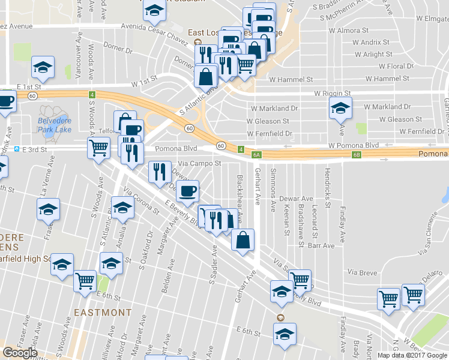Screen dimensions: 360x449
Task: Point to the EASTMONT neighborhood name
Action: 103,313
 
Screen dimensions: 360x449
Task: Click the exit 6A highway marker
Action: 256,155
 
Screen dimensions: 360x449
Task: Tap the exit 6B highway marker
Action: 355,155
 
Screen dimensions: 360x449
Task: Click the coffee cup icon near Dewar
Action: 188,191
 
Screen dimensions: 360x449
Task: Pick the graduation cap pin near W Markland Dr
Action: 340,109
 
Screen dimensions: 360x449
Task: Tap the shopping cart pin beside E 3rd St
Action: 98,147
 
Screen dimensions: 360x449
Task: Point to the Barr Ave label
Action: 321,245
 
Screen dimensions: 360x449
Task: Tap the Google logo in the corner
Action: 20,352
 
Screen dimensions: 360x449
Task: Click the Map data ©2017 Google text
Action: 412,355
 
